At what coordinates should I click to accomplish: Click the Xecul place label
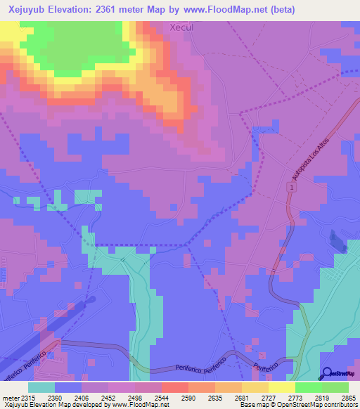coord(184,27)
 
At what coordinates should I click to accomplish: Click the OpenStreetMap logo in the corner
coord(338,373)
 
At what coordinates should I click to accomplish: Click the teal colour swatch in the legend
coord(41,387)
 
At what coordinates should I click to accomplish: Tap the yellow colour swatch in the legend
coord(282,387)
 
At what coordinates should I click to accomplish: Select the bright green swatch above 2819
coord(309,387)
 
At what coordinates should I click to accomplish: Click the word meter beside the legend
coord(9,398)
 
